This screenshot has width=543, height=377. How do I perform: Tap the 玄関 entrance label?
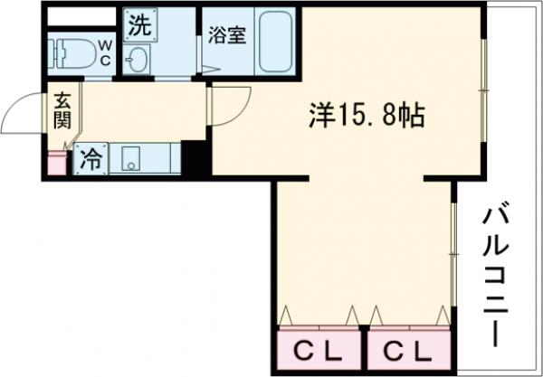tap(62, 110)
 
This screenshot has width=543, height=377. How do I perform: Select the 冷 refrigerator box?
tap(90, 159)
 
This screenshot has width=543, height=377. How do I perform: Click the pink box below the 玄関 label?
tap(57, 164)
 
